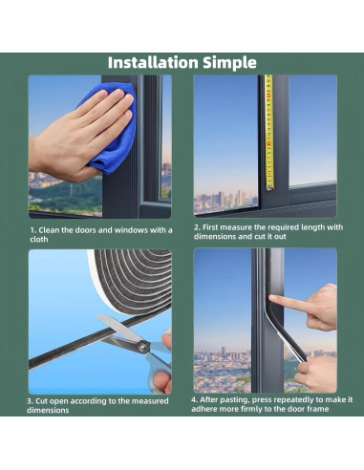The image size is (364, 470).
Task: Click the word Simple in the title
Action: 229,63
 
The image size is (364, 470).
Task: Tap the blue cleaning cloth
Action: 113,128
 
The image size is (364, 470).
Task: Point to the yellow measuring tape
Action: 269,132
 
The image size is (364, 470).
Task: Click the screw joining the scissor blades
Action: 143,346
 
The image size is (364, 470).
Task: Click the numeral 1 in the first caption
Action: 32,230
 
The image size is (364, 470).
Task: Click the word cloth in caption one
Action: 39,239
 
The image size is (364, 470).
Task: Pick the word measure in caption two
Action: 236,227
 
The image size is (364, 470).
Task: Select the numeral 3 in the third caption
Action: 30,401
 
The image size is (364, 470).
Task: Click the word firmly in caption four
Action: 246,409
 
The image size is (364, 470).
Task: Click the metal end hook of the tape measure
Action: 270,187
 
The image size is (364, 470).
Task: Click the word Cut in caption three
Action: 41,401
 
